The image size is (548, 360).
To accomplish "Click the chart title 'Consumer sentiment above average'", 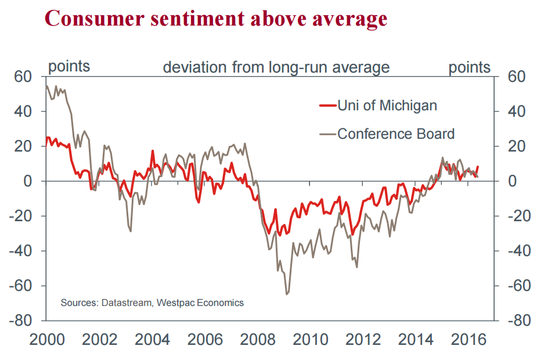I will [215, 19].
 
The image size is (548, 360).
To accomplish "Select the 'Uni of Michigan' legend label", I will [387, 105].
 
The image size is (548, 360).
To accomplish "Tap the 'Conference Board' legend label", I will [396, 134].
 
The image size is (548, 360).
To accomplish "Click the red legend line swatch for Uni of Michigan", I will [327, 105].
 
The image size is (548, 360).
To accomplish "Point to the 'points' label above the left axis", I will [69, 66].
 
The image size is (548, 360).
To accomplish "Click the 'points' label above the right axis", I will [469, 67].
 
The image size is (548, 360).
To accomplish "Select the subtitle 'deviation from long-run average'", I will [276, 67].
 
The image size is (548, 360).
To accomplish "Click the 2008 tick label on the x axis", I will [259, 339].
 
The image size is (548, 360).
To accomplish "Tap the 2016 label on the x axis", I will [470, 339].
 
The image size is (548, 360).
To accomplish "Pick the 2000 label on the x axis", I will [47, 339].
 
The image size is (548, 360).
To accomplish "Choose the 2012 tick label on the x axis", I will [365, 339].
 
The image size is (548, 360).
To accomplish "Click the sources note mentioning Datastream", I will [152, 303].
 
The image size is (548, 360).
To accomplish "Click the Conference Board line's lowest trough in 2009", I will [286, 294].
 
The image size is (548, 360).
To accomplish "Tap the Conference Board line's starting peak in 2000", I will [46, 86].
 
